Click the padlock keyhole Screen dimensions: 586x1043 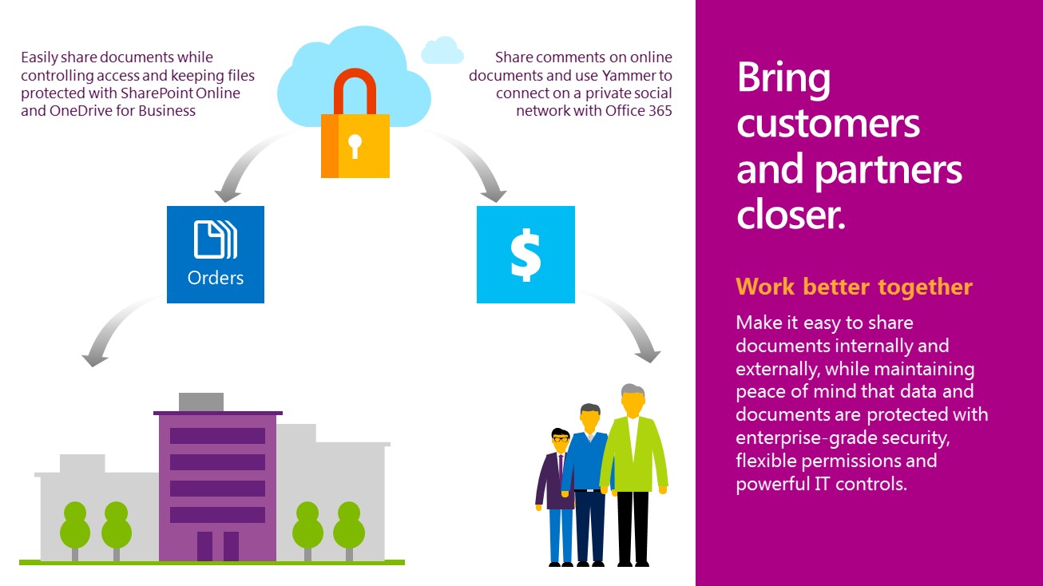pos(355,146)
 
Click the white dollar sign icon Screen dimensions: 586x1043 pos(525,255)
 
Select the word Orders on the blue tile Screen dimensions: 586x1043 pos(215,279)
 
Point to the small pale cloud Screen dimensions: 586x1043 pos(442,50)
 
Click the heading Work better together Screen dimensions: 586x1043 pos(854,287)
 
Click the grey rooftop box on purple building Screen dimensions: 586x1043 pos(201,402)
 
